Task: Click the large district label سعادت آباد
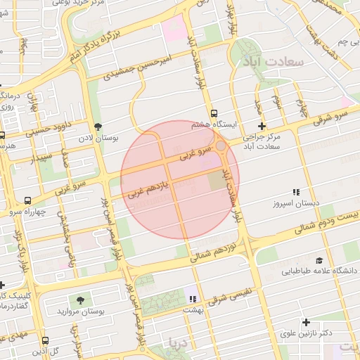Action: point(276,61)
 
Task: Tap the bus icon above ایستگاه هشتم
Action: point(214,113)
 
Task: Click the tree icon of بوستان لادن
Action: point(97,127)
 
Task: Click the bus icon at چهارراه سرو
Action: point(27,200)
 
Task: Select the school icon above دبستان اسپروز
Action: point(296,192)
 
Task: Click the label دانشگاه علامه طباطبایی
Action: point(320,270)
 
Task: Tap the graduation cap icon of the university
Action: point(319,260)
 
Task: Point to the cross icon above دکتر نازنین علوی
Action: point(306,323)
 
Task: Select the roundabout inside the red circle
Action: point(221,146)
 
